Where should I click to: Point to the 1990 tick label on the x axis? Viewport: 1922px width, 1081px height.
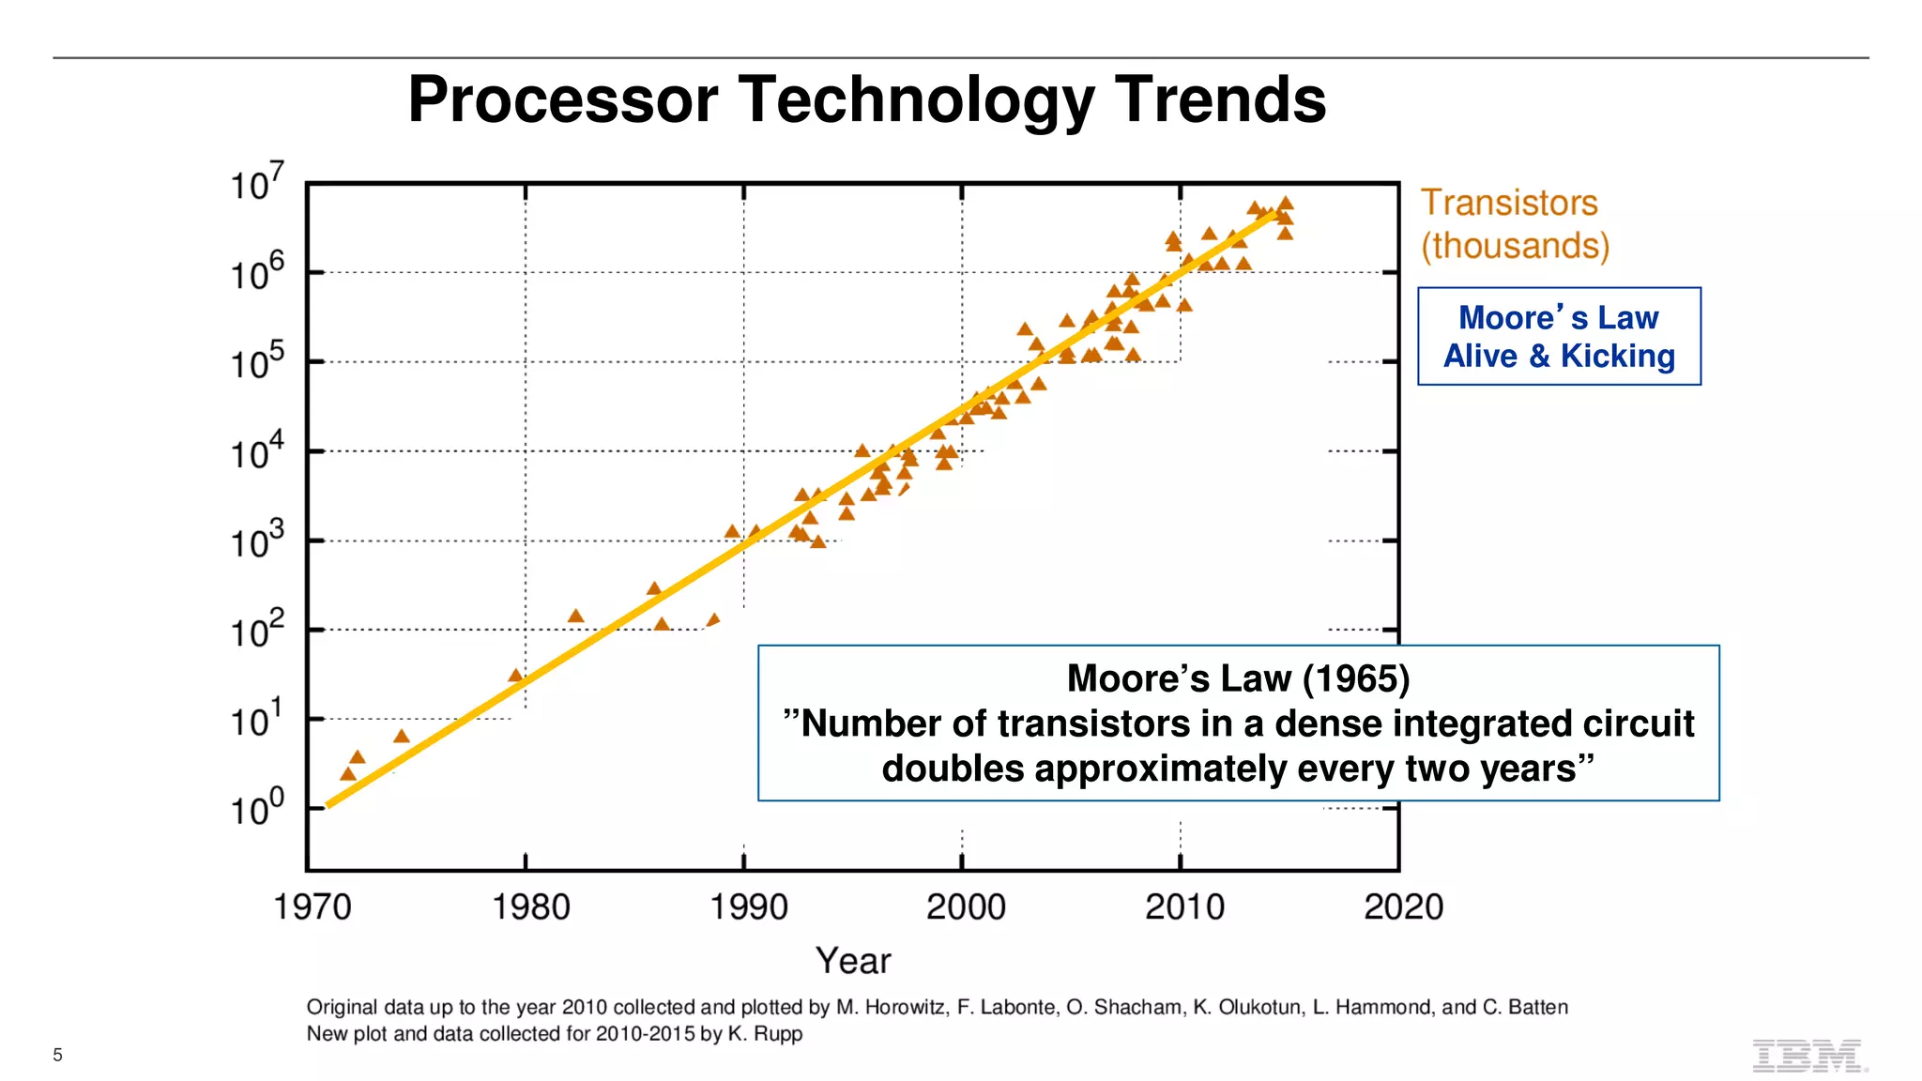(x=748, y=906)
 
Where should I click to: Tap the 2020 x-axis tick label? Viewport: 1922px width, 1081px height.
(x=1403, y=906)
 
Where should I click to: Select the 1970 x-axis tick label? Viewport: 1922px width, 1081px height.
(x=312, y=906)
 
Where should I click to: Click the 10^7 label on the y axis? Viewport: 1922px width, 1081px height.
(x=255, y=183)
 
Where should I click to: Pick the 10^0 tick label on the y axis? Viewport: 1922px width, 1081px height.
(x=255, y=808)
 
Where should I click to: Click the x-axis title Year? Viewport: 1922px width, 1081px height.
(x=852, y=961)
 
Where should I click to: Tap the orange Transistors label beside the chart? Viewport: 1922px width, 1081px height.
(x=1508, y=203)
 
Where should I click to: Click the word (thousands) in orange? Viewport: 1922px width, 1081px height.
(x=1515, y=246)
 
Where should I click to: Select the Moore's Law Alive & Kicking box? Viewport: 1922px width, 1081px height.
(x=1559, y=336)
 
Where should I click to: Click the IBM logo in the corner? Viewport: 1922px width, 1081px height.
(x=1808, y=1056)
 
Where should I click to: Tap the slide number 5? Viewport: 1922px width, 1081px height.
(x=57, y=1055)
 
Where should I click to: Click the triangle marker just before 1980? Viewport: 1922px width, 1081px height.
(x=515, y=676)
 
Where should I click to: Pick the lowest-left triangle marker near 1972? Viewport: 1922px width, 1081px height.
(x=348, y=774)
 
